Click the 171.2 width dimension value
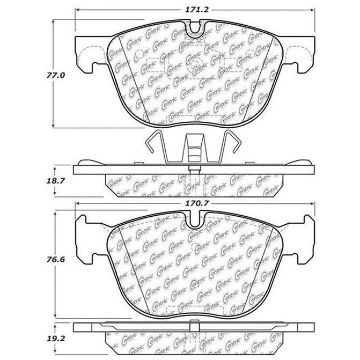[x=197, y=10]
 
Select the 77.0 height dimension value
[x=56, y=75]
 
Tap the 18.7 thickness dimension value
[x=56, y=181]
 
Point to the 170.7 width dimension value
[x=197, y=203]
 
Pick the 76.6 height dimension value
[x=56, y=260]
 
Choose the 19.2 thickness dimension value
[x=56, y=339]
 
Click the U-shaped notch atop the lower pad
[x=195, y=221]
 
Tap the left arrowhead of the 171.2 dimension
[x=77, y=10]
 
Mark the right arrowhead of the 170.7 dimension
[x=312, y=203]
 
